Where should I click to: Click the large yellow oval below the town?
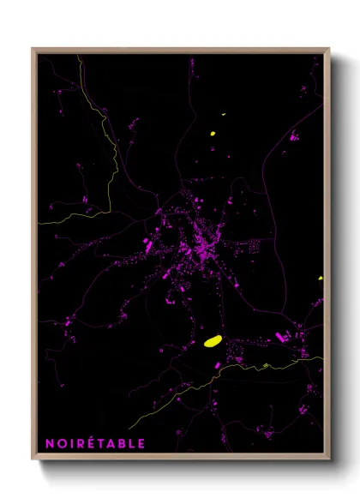[213, 341]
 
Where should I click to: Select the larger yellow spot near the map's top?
[213, 133]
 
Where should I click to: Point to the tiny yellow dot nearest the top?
[223, 114]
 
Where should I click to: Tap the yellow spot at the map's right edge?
[320, 278]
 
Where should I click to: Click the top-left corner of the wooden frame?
[33, 49]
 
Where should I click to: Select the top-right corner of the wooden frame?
[329, 49]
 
